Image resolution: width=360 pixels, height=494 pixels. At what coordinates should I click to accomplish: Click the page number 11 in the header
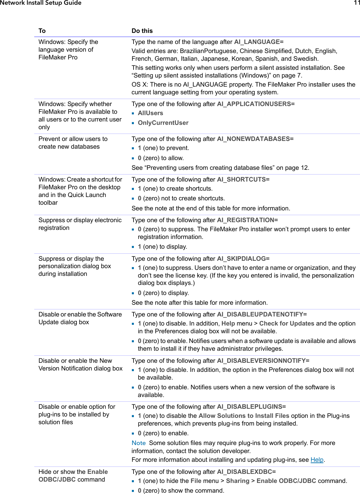(x=357, y=3)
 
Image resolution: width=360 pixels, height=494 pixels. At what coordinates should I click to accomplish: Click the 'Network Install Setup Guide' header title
(x=41, y=3)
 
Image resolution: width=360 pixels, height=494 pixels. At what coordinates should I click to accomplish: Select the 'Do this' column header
(x=142, y=31)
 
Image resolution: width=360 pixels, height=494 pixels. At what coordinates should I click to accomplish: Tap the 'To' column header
(x=42, y=31)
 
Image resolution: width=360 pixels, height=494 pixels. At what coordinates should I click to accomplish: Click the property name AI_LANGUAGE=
(x=259, y=42)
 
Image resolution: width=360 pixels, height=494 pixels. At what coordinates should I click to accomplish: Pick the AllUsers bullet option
(x=150, y=113)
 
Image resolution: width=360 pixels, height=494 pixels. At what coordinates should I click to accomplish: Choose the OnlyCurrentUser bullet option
(x=163, y=123)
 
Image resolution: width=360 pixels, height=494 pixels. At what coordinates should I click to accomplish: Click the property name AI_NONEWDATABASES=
(x=255, y=139)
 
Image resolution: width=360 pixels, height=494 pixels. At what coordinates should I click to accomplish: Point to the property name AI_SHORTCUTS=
(x=243, y=180)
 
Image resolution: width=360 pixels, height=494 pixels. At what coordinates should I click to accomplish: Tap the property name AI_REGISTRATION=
(x=247, y=220)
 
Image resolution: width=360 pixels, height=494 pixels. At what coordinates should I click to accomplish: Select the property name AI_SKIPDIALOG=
(x=243, y=259)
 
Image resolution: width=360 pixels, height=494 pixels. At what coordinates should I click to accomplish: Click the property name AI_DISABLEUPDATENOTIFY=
(x=262, y=314)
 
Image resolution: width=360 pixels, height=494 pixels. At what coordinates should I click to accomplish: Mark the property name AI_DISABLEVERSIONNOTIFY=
(x=263, y=361)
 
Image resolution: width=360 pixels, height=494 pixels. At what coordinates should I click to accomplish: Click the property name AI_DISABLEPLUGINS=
(x=251, y=407)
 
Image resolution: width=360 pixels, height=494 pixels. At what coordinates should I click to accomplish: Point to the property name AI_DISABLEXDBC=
(x=246, y=472)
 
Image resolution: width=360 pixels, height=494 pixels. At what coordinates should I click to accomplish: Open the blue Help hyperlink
(x=317, y=460)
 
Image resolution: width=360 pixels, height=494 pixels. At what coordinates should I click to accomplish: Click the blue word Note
(x=139, y=443)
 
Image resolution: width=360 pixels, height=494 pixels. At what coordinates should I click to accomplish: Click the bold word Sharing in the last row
(x=238, y=481)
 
